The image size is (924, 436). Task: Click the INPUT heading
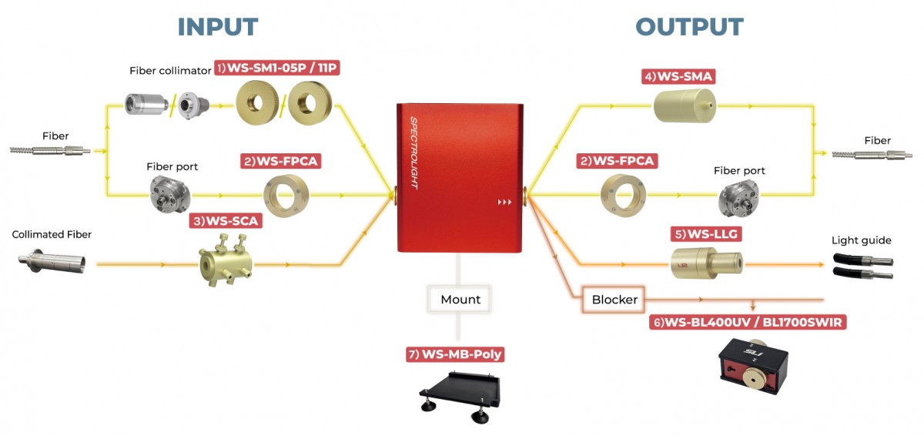[x=218, y=26]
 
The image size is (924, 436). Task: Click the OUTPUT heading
[x=689, y=26]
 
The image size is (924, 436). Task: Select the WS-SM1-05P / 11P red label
[x=277, y=69]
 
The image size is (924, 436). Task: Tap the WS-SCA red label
[x=226, y=221]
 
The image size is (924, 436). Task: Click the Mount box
[x=460, y=299]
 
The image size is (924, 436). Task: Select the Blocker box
[x=614, y=299]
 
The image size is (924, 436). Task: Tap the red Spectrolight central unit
[x=459, y=176]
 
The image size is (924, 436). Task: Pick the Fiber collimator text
[x=170, y=71]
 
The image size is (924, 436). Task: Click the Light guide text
[x=861, y=240]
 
